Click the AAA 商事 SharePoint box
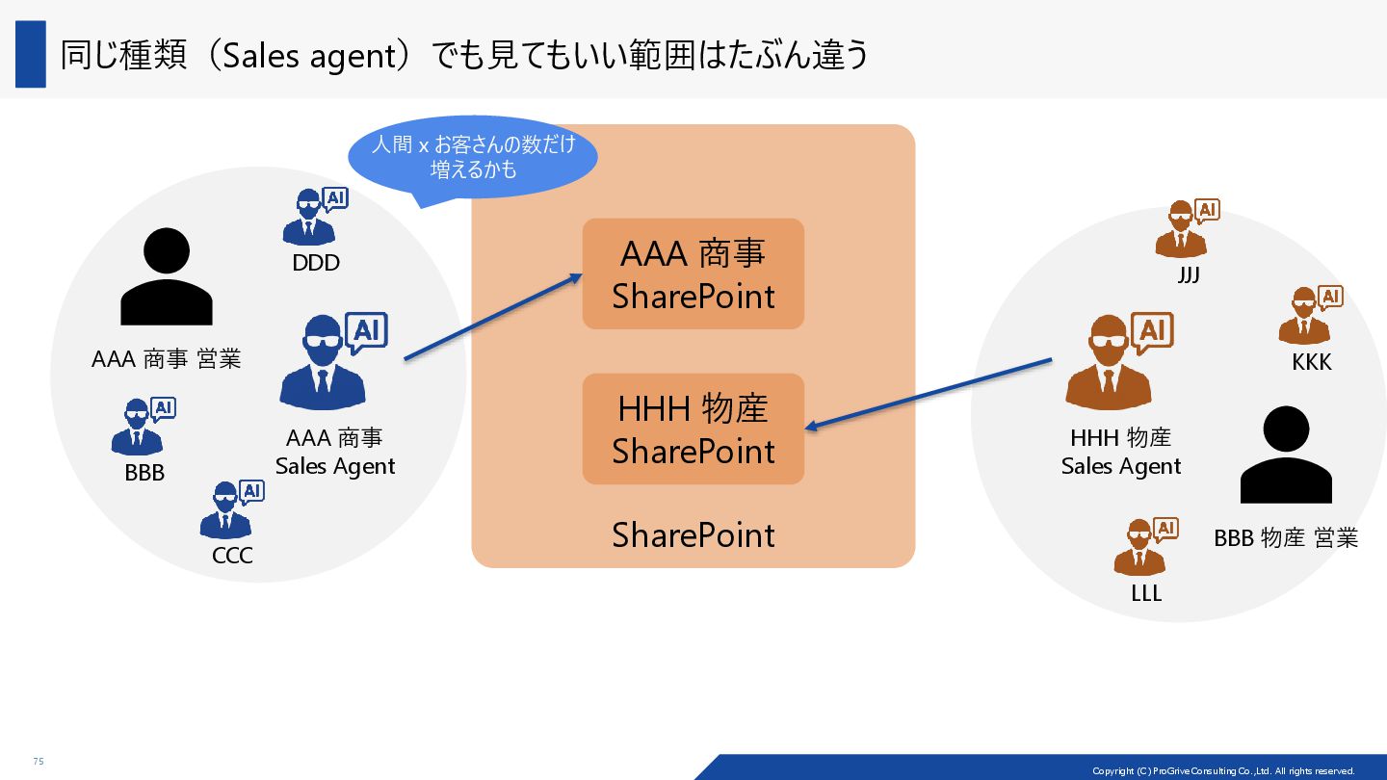(693, 273)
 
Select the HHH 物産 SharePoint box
(693, 429)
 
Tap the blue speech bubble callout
(472, 157)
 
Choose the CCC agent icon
(230, 510)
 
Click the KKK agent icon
(1309, 316)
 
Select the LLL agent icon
(1144, 547)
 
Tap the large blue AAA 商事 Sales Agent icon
(330, 361)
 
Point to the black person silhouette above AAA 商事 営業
(167, 276)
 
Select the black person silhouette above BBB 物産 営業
(1286, 455)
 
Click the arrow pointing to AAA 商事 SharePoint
(493, 317)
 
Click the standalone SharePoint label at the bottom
(693, 535)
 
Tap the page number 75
(39, 762)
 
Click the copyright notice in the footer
(1222, 771)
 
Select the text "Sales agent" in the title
(303, 56)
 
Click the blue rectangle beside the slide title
(31, 54)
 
